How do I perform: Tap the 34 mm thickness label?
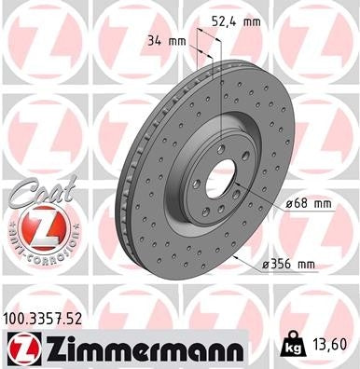165,40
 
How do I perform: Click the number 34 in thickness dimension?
154,40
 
